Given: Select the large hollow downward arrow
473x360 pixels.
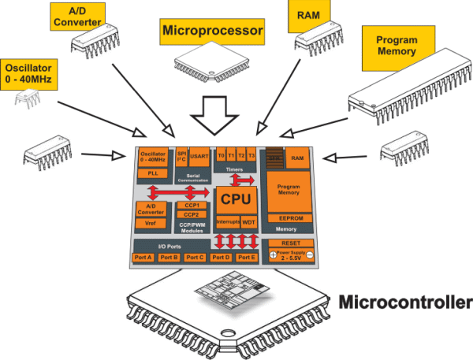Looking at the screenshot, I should pos(217,117).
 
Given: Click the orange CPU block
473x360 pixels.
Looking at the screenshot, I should pos(236,200).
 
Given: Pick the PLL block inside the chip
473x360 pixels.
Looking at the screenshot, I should pos(152,173).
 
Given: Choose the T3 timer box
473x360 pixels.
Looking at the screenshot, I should pos(251,155).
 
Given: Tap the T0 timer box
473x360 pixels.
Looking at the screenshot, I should pos(221,155).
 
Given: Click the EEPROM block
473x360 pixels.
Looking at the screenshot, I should pos(286,218).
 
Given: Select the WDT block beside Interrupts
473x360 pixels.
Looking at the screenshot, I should pos(249,222).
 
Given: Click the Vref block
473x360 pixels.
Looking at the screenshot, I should pos(151,224).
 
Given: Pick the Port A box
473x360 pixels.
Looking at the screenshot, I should pos(144,258).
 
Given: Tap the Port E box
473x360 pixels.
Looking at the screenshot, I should pos(247,258).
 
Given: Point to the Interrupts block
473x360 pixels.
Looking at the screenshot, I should pos(227,222).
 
